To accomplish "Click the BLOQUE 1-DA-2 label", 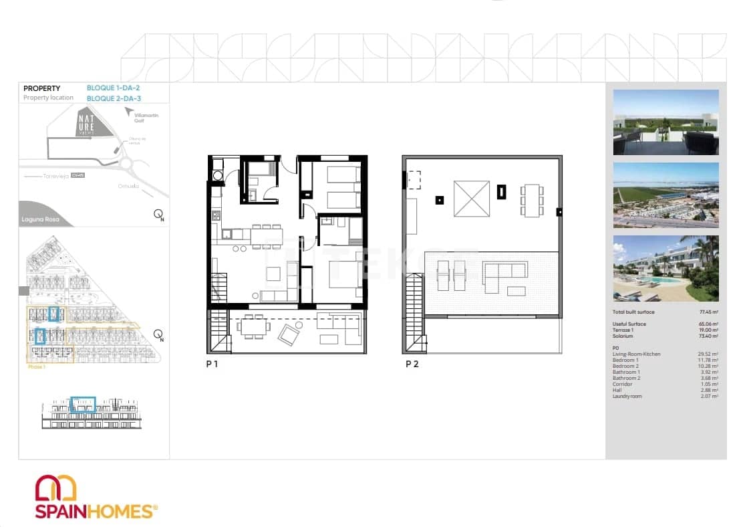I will coord(113,88).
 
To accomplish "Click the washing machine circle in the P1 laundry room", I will coord(216,176).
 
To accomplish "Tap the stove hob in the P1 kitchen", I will coord(216,215).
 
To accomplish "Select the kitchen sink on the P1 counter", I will coord(228,233).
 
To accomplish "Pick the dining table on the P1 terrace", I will coord(254,328).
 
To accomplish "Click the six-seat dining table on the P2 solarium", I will coord(532,199).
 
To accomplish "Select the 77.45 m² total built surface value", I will coord(708,312).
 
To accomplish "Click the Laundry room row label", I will coord(628,397).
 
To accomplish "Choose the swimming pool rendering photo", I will coord(665,268).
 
